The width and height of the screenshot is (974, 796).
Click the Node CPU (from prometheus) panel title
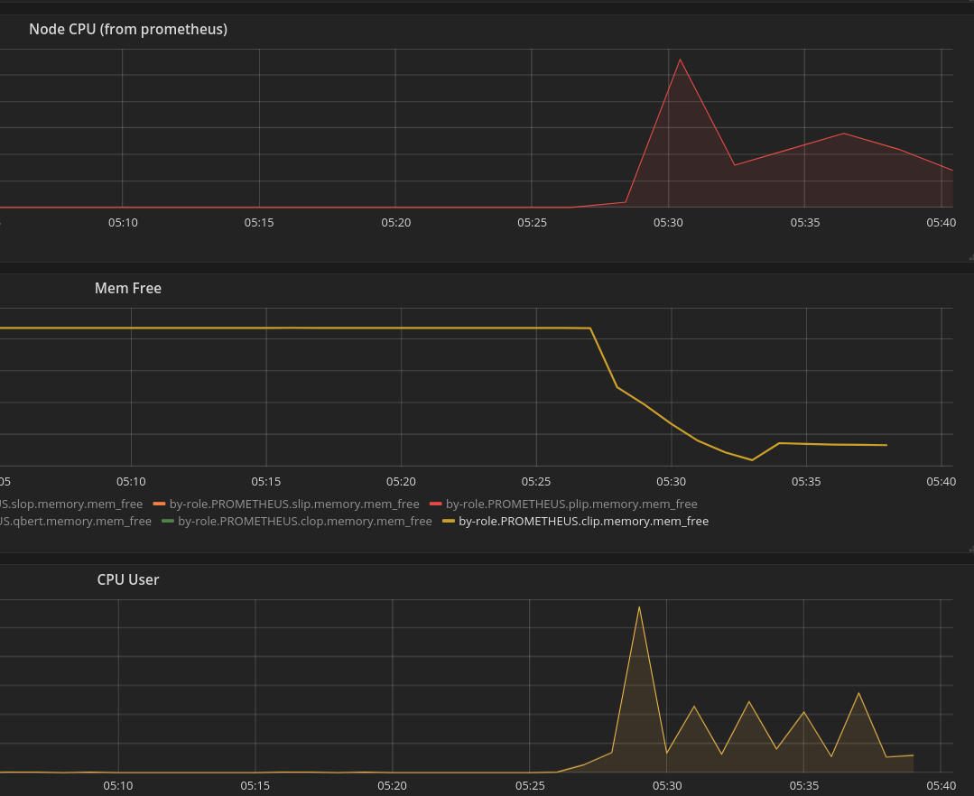[128, 30]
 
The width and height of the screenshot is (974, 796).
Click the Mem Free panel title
[128, 289]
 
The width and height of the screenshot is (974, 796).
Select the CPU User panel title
[128, 579]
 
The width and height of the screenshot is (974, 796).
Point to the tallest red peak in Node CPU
[680, 60]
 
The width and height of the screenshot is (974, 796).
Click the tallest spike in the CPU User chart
[639, 606]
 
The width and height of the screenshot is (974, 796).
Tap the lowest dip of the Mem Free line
[752, 460]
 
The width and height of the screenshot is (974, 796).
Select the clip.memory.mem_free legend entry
[583, 521]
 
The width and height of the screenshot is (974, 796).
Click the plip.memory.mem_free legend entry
[571, 504]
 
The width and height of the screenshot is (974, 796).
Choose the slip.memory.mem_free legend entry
[294, 504]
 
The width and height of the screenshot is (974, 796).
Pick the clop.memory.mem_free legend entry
[305, 521]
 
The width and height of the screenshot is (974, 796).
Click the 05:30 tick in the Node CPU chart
[668, 222]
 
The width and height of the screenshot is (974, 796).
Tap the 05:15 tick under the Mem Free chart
[266, 482]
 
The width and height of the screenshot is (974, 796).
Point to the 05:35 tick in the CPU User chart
[803, 785]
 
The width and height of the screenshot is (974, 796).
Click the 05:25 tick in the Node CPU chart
[532, 222]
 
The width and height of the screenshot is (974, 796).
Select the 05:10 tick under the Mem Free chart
[131, 482]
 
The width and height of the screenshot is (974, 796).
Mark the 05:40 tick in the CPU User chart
[941, 785]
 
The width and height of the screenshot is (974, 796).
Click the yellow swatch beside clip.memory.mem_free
[449, 521]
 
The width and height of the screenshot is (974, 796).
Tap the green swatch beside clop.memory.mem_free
[168, 521]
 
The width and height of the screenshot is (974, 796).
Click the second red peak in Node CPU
[844, 134]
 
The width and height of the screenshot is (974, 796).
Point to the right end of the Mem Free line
[886, 445]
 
